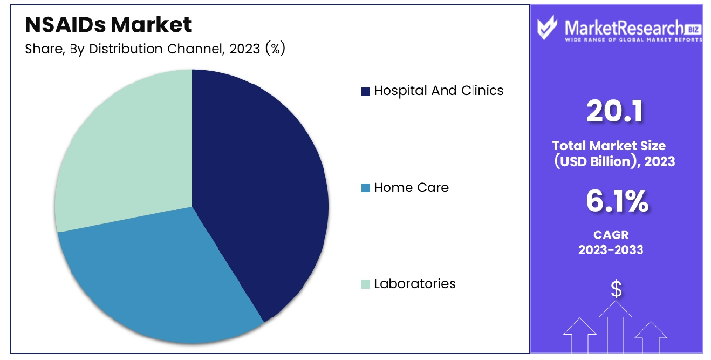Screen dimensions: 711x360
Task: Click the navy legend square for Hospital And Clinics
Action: (x=366, y=91)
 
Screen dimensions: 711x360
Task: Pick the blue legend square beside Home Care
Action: (x=366, y=188)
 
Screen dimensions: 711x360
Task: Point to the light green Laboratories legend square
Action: (x=366, y=284)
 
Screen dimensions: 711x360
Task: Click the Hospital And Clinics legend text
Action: (x=439, y=91)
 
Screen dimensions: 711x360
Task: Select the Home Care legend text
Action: (x=412, y=187)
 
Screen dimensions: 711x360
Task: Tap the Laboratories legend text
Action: (x=414, y=283)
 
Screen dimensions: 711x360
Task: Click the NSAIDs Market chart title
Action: (x=108, y=24)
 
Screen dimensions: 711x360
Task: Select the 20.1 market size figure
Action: (x=615, y=111)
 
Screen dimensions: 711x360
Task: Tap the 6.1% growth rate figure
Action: (x=617, y=201)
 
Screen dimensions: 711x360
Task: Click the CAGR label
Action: (x=611, y=235)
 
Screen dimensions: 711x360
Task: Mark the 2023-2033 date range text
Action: (x=611, y=249)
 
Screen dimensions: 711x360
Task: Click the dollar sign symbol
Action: (x=616, y=289)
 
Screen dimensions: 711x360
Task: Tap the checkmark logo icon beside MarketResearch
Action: (x=547, y=28)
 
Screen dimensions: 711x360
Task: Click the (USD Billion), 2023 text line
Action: (x=614, y=161)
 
